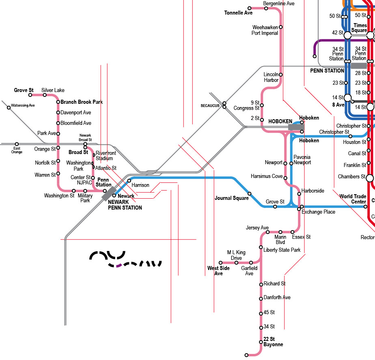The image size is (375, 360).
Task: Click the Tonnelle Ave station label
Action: click(238, 13)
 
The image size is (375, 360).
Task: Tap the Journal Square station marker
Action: click(250, 193)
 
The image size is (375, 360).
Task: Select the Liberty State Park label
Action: click(282, 250)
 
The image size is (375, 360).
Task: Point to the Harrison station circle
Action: click(129, 180)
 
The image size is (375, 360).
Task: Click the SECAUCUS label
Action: click(210, 105)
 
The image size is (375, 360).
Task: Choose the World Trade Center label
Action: click(353, 199)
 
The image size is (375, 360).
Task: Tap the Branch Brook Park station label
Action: click(82, 102)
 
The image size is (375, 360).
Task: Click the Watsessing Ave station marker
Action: click(9, 107)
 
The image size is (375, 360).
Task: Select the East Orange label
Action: click(17, 150)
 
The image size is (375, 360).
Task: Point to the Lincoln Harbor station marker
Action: click(280, 75)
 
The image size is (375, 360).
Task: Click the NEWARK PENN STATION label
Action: click(125, 205)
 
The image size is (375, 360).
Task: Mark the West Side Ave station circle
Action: click(220, 263)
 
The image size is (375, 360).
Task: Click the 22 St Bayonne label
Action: click(273, 342)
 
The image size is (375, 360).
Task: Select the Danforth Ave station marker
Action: click(261, 299)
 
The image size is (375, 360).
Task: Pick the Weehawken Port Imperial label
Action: click(265, 30)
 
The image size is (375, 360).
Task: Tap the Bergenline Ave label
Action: click(279, 4)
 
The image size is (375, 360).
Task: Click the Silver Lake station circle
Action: click(45, 95)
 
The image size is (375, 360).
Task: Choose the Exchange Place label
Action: click(318, 212)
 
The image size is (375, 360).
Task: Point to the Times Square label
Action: click(360, 28)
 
